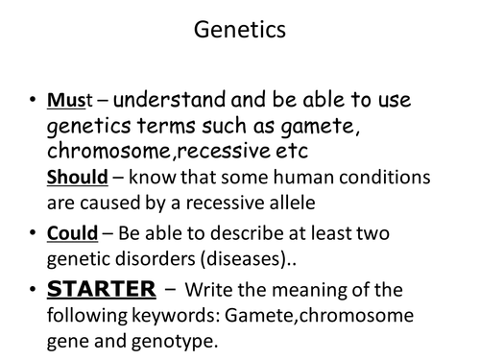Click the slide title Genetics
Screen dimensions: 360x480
coord(240,32)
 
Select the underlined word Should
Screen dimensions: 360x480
coord(77,177)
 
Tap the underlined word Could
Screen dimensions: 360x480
coord(70,232)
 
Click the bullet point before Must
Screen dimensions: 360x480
coord(33,100)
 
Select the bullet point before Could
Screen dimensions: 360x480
coord(33,233)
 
